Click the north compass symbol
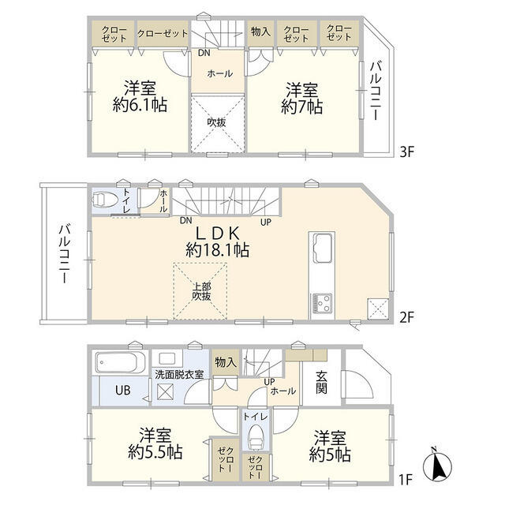coord(437,464)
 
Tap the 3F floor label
coord(406,151)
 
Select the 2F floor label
coord(406,317)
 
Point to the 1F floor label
coord(406,480)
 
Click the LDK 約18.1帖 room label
coord(218,241)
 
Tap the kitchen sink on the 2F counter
coord(322,248)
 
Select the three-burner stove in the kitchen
coord(322,303)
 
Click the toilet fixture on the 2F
coord(104,200)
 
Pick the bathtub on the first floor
coord(119,363)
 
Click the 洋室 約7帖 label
coord(301,99)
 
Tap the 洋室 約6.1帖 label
coord(140,96)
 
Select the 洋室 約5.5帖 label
coord(155,443)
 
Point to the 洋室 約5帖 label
coord(330,446)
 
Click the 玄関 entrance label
coord(321,382)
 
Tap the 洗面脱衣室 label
coord(179,375)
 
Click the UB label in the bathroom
coord(123,391)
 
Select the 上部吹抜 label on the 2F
coord(202,291)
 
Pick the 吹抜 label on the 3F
coord(216,122)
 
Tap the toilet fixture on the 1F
coord(256,437)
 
